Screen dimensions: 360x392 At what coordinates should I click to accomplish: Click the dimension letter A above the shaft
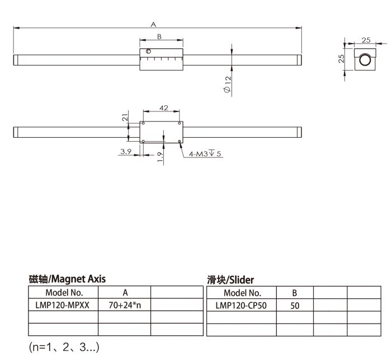153,24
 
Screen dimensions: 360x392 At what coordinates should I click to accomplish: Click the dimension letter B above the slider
159,37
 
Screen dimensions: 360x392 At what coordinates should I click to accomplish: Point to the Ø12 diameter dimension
228,85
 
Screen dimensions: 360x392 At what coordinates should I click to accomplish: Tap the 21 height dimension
125,117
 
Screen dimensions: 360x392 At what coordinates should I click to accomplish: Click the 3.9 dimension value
125,151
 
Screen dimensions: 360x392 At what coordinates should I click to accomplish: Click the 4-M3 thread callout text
205,153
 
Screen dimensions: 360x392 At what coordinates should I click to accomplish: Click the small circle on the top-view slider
149,53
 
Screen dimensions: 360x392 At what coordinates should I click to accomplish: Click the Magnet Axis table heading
67,278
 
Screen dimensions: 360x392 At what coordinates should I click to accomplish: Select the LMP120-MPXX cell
64,306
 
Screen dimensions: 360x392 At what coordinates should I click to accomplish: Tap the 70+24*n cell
124,306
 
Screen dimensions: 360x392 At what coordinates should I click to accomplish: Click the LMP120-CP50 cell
242,306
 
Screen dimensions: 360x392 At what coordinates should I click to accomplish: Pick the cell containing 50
294,306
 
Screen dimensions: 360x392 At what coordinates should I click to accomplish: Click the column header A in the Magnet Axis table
125,292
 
